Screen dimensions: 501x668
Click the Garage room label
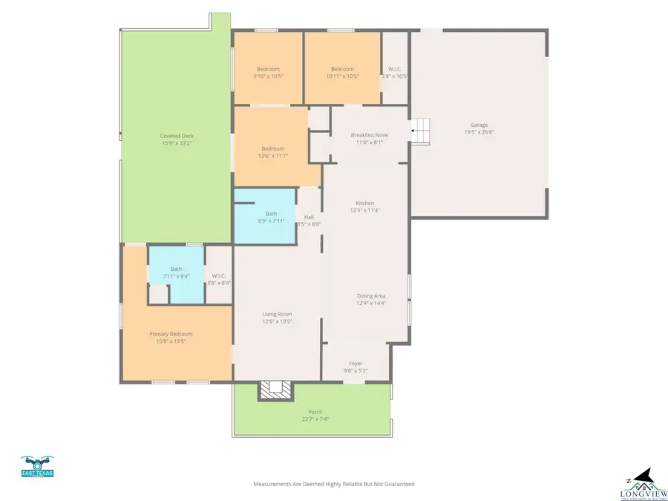point(479,125)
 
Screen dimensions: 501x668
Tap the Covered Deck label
point(176,136)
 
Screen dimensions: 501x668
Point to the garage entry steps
point(421,131)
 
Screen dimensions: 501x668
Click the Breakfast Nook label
point(369,135)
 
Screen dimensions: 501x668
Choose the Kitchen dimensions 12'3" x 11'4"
point(364,210)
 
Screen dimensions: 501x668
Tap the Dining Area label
point(370,296)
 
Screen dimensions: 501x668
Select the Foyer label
point(356,363)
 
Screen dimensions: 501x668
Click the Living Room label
point(277,314)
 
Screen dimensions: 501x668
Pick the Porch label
point(315,412)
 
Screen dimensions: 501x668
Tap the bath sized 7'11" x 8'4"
point(176,272)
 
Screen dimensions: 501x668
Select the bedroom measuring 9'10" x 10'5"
point(268,72)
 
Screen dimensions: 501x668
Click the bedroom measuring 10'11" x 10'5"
point(342,72)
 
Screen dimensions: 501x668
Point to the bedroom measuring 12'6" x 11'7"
point(272,151)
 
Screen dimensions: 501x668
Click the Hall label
point(309,217)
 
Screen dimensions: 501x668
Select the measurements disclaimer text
point(334,484)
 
